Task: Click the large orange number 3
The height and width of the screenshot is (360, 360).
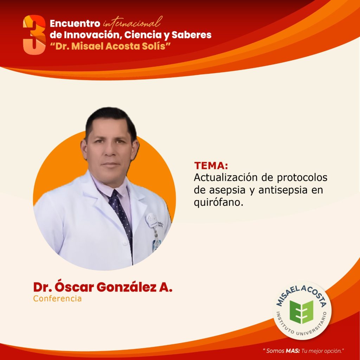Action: coord(34,35)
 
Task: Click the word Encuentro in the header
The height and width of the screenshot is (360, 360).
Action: coord(75,24)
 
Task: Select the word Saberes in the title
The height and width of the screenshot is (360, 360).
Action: coord(192,35)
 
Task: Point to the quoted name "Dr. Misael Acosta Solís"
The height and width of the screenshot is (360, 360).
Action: coord(110,46)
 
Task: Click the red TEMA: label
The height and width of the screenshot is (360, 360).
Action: coord(211,166)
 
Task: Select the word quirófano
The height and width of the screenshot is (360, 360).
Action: coord(218,202)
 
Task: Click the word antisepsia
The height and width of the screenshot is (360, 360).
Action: coord(283,190)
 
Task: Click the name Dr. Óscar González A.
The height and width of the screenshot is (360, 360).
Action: coord(103,287)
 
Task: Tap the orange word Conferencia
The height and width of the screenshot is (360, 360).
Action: coord(57,298)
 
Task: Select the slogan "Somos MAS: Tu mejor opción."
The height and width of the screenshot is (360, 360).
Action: coord(303,351)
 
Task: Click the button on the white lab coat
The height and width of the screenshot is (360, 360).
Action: coord(125,243)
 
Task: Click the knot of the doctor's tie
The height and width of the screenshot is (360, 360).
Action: coord(114,194)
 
